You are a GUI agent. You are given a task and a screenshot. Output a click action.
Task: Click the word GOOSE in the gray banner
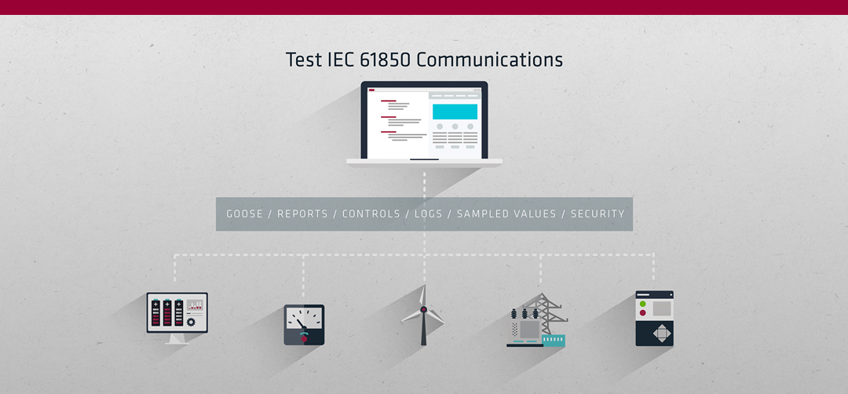(244, 214)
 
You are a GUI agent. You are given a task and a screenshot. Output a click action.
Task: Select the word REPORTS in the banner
(303, 214)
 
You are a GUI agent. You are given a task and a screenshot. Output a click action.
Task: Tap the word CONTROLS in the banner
(371, 214)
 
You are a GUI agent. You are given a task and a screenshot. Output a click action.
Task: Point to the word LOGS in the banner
(429, 214)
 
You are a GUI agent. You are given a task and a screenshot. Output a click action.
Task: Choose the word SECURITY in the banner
(598, 214)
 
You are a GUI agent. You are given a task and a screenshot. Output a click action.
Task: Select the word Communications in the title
(489, 60)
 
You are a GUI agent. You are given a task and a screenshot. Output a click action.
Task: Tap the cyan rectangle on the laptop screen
(455, 112)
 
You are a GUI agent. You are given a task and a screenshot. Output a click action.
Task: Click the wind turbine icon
(423, 316)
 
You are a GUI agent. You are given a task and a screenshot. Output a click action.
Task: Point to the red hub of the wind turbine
(423, 310)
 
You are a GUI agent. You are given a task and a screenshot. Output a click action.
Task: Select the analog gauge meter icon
(304, 325)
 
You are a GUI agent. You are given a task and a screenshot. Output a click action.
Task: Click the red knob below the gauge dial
(304, 339)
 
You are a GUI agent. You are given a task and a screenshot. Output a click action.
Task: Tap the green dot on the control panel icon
(642, 304)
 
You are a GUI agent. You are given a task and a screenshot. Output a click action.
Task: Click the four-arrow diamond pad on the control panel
(661, 333)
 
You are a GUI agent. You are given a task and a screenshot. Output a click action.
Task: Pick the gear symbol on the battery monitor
(190, 322)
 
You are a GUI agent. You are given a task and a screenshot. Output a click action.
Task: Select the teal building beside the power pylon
(554, 341)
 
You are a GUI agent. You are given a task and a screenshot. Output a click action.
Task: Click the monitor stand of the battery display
(177, 339)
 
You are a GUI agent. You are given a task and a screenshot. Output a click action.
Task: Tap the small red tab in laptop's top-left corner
(371, 90)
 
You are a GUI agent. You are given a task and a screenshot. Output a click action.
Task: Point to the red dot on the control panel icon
(642, 312)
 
